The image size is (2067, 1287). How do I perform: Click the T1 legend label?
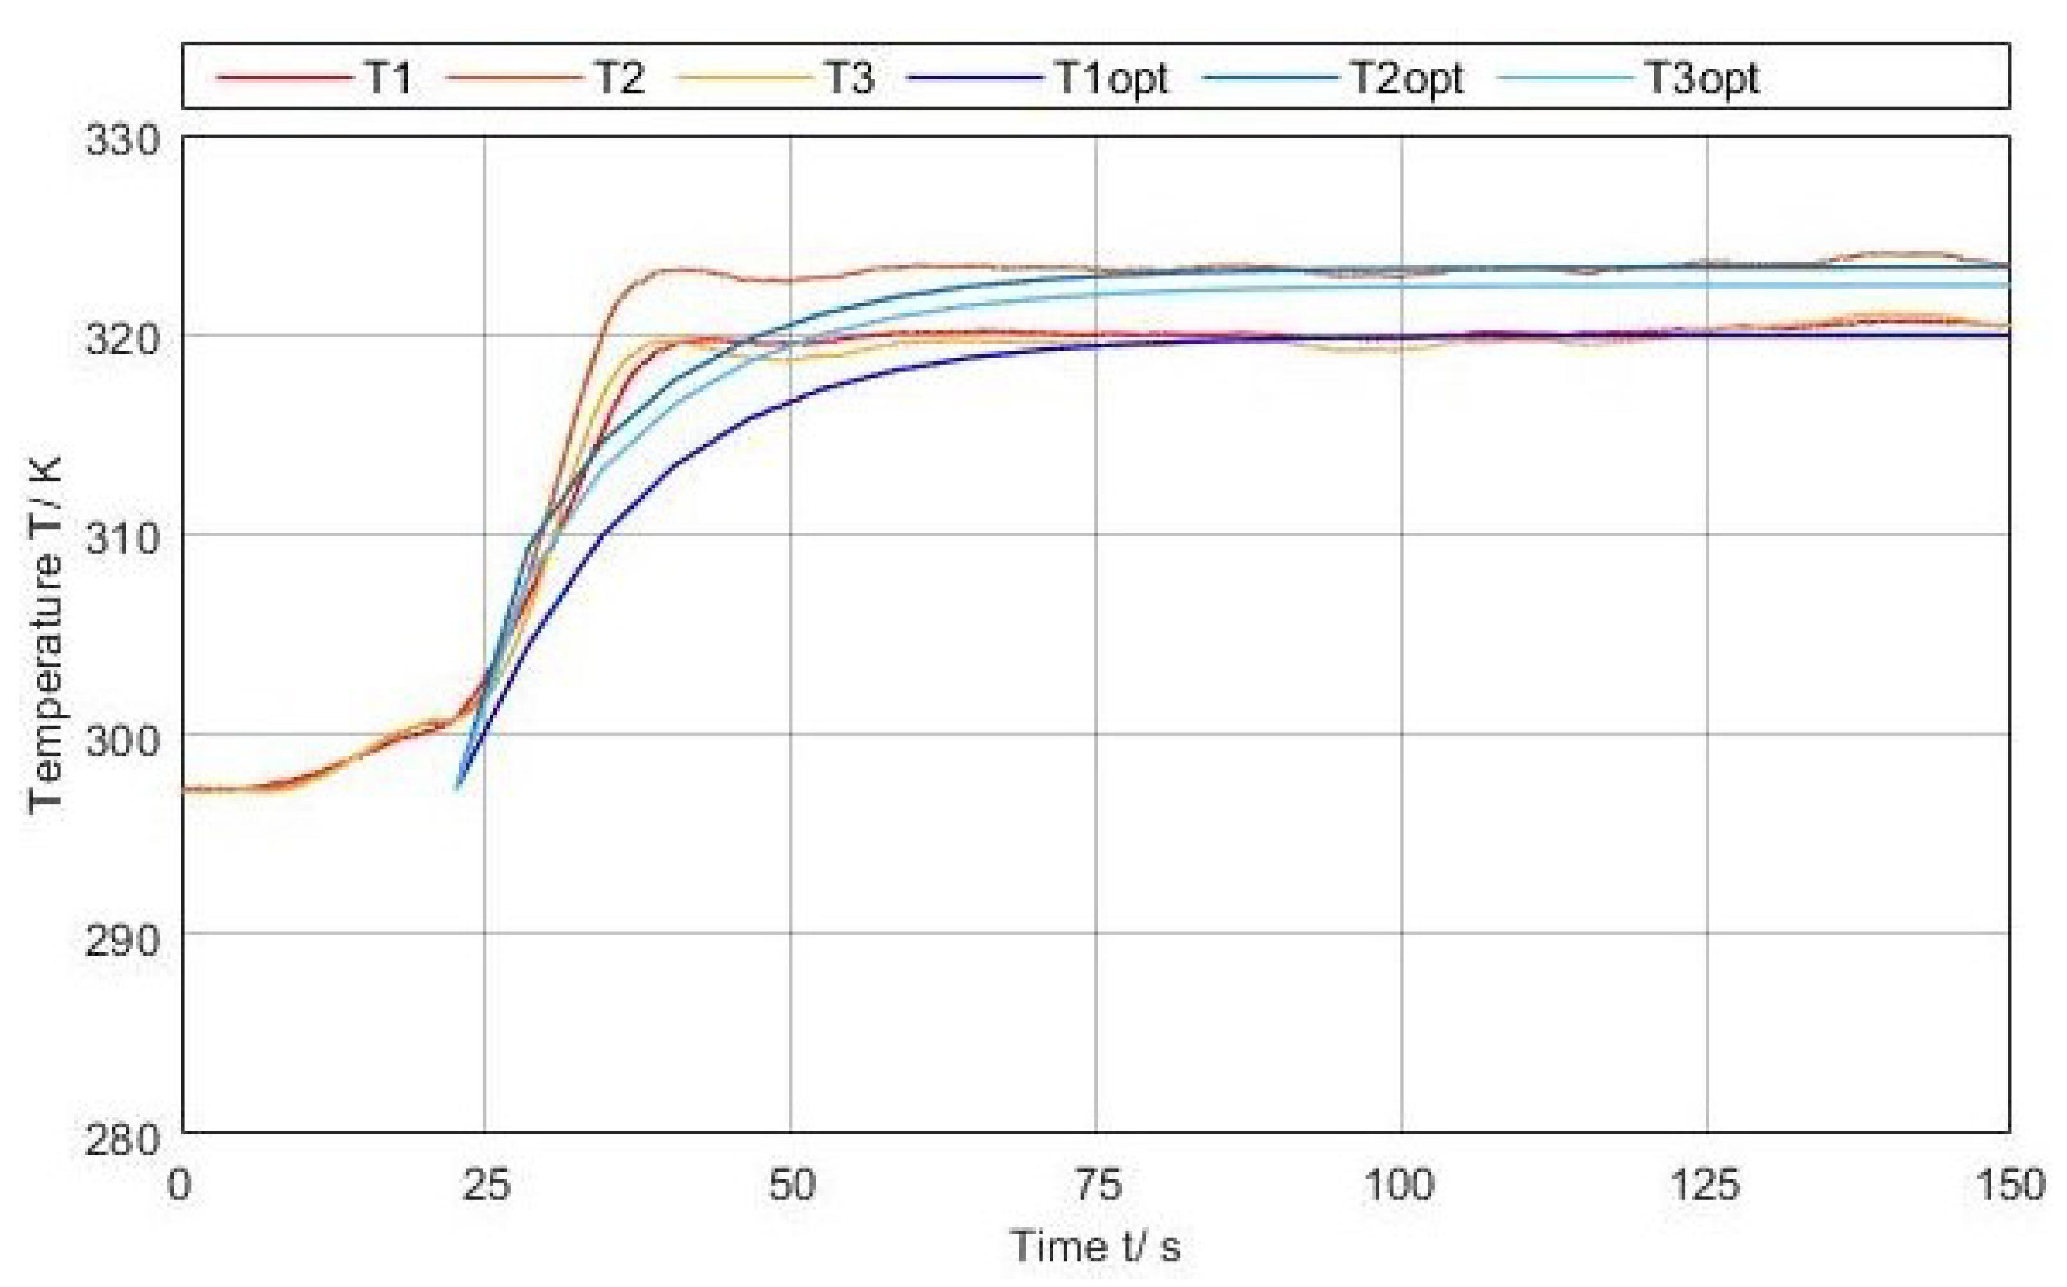[x=389, y=78]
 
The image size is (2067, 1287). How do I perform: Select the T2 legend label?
[x=619, y=78]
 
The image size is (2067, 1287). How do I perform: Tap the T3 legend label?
[x=848, y=78]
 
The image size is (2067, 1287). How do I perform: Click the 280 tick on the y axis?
[x=122, y=1139]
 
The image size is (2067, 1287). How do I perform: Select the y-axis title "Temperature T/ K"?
[x=44, y=634]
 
